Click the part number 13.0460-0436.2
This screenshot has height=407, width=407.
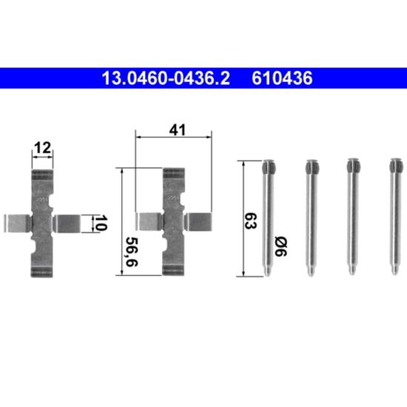[166, 78]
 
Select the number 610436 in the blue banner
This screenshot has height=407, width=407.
[282, 78]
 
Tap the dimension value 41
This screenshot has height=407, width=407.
[178, 130]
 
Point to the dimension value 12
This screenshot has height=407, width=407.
[43, 148]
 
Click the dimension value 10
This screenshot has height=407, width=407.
[100, 223]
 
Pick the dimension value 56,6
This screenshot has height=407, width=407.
[132, 252]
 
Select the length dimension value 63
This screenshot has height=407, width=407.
[251, 221]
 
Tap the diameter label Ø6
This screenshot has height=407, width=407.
[281, 247]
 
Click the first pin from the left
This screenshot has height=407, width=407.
[268, 218]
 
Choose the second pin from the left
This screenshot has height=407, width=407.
[312, 218]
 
